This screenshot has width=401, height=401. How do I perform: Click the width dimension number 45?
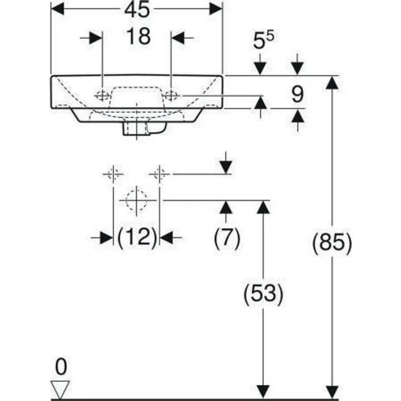pos(137,10)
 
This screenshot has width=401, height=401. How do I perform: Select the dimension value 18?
pos(138,37)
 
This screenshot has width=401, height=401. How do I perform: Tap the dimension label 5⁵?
pos(264,41)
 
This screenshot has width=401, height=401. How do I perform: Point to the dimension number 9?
pos(297,95)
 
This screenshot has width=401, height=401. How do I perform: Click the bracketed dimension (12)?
pos(137,238)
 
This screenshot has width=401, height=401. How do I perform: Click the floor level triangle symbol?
pos(60,388)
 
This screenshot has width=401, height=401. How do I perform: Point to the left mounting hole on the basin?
pos(102,95)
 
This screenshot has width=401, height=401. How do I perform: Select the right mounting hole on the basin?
pos(171,95)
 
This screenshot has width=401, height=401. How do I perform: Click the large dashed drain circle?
pos(136,200)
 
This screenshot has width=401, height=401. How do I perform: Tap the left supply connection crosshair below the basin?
pos(113,174)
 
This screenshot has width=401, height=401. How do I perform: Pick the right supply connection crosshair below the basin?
pos(159,174)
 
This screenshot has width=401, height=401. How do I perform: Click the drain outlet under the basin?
pos(136,130)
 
